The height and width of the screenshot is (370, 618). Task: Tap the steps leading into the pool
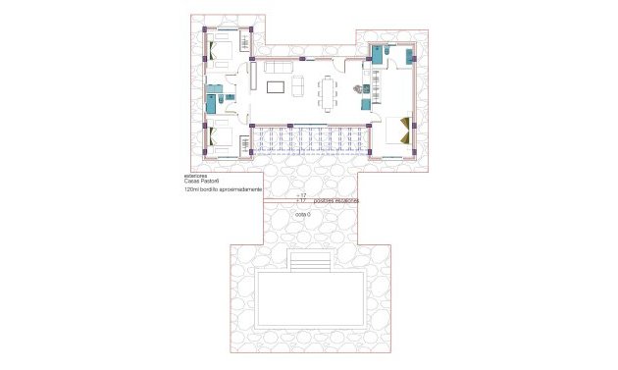pyautogui.click(x=310, y=263)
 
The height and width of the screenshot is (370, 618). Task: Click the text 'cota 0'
pyautogui.click(x=302, y=214)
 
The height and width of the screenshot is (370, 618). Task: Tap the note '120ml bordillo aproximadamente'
pyautogui.click(x=223, y=191)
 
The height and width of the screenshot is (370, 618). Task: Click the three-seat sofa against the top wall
pyautogui.click(x=279, y=67)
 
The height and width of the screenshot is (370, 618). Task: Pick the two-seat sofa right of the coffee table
pyautogui.click(x=299, y=86)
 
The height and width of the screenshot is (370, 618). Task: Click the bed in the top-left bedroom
pyautogui.click(x=223, y=48)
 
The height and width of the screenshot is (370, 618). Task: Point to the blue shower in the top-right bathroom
pyautogui.click(x=377, y=55)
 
